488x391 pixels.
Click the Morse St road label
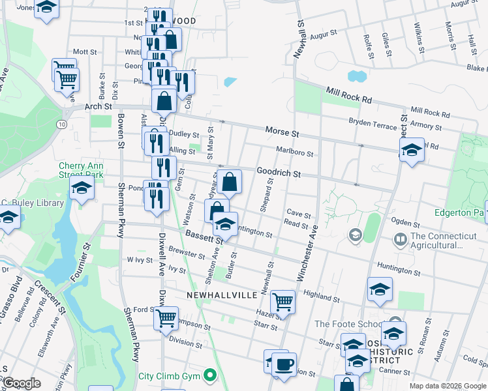tap(281, 132)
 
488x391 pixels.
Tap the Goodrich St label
tap(278, 175)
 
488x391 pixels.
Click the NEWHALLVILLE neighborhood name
tap(221, 295)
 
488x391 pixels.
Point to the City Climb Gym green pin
tap(209, 375)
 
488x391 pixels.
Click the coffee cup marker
tap(284, 364)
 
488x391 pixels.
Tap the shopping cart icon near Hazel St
tap(282, 301)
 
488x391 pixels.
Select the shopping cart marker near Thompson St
tap(166, 318)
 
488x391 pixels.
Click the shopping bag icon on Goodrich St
tap(230, 182)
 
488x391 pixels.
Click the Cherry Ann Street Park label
tap(81, 170)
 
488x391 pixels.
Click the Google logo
tap(22, 383)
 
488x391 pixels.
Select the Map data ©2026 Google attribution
tap(447, 386)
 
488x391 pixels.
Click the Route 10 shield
tap(61, 123)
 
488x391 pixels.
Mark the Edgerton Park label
tap(459, 212)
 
